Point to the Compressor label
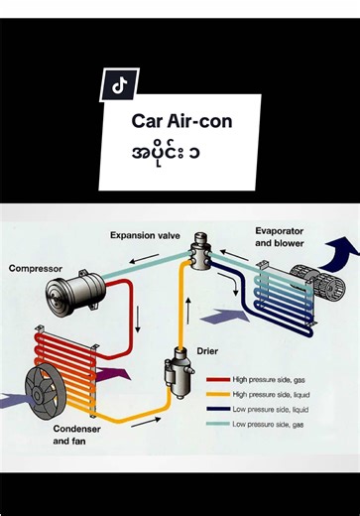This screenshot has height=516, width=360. pos(36,268)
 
